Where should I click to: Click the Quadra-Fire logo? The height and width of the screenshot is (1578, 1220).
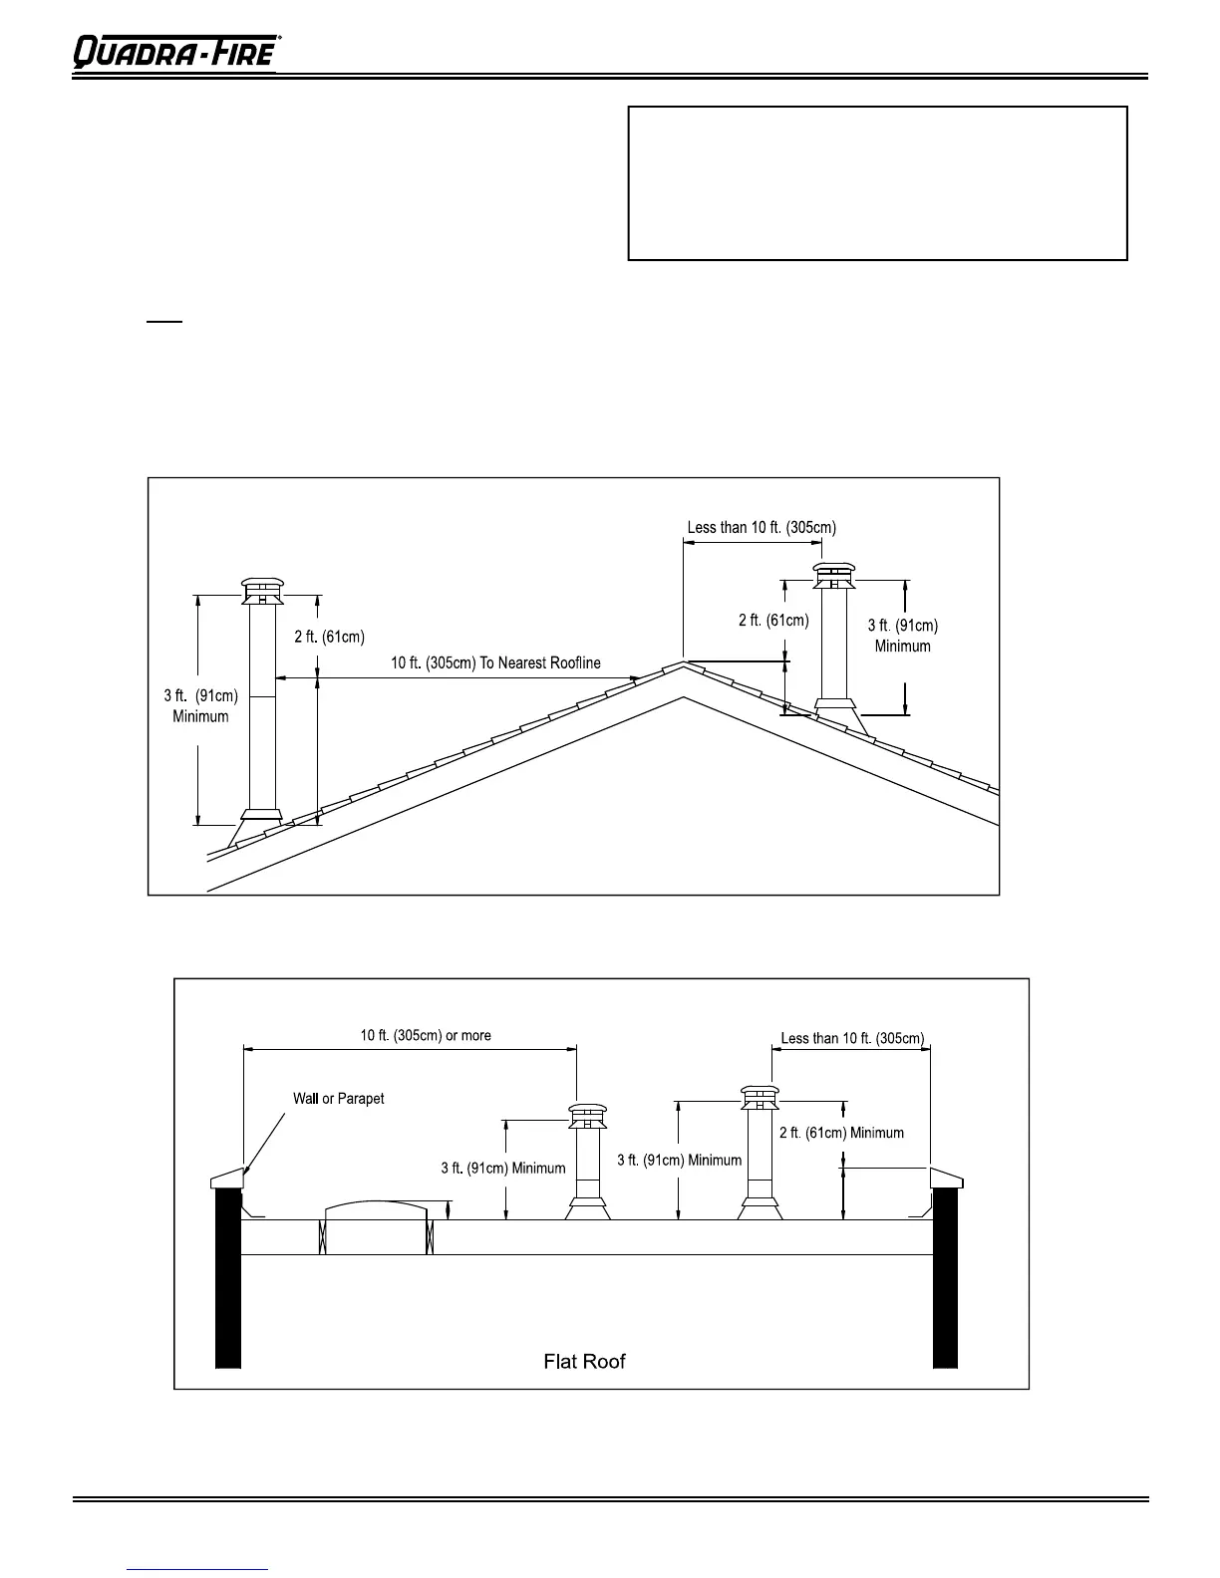tap(175, 51)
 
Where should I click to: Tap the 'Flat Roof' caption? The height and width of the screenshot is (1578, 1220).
tap(584, 1361)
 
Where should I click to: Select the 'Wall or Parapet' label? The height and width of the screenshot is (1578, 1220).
tap(338, 1099)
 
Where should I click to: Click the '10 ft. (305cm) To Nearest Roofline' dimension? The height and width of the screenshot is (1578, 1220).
tap(495, 663)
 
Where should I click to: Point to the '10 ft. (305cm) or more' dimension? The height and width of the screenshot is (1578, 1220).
tap(426, 1035)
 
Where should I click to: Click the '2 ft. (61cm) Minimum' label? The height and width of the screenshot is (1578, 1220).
tap(841, 1133)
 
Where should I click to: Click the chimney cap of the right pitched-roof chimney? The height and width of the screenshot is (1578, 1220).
tap(833, 574)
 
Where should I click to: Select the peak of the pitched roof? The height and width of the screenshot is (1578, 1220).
tap(683, 662)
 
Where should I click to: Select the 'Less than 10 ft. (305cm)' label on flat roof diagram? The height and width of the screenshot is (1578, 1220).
tap(852, 1038)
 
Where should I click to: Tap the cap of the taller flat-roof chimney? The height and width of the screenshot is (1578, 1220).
tap(761, 1096)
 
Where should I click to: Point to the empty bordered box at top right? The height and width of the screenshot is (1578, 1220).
tap(877, 183)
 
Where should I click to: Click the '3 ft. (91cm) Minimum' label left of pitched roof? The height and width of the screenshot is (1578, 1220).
tap(200, 706)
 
